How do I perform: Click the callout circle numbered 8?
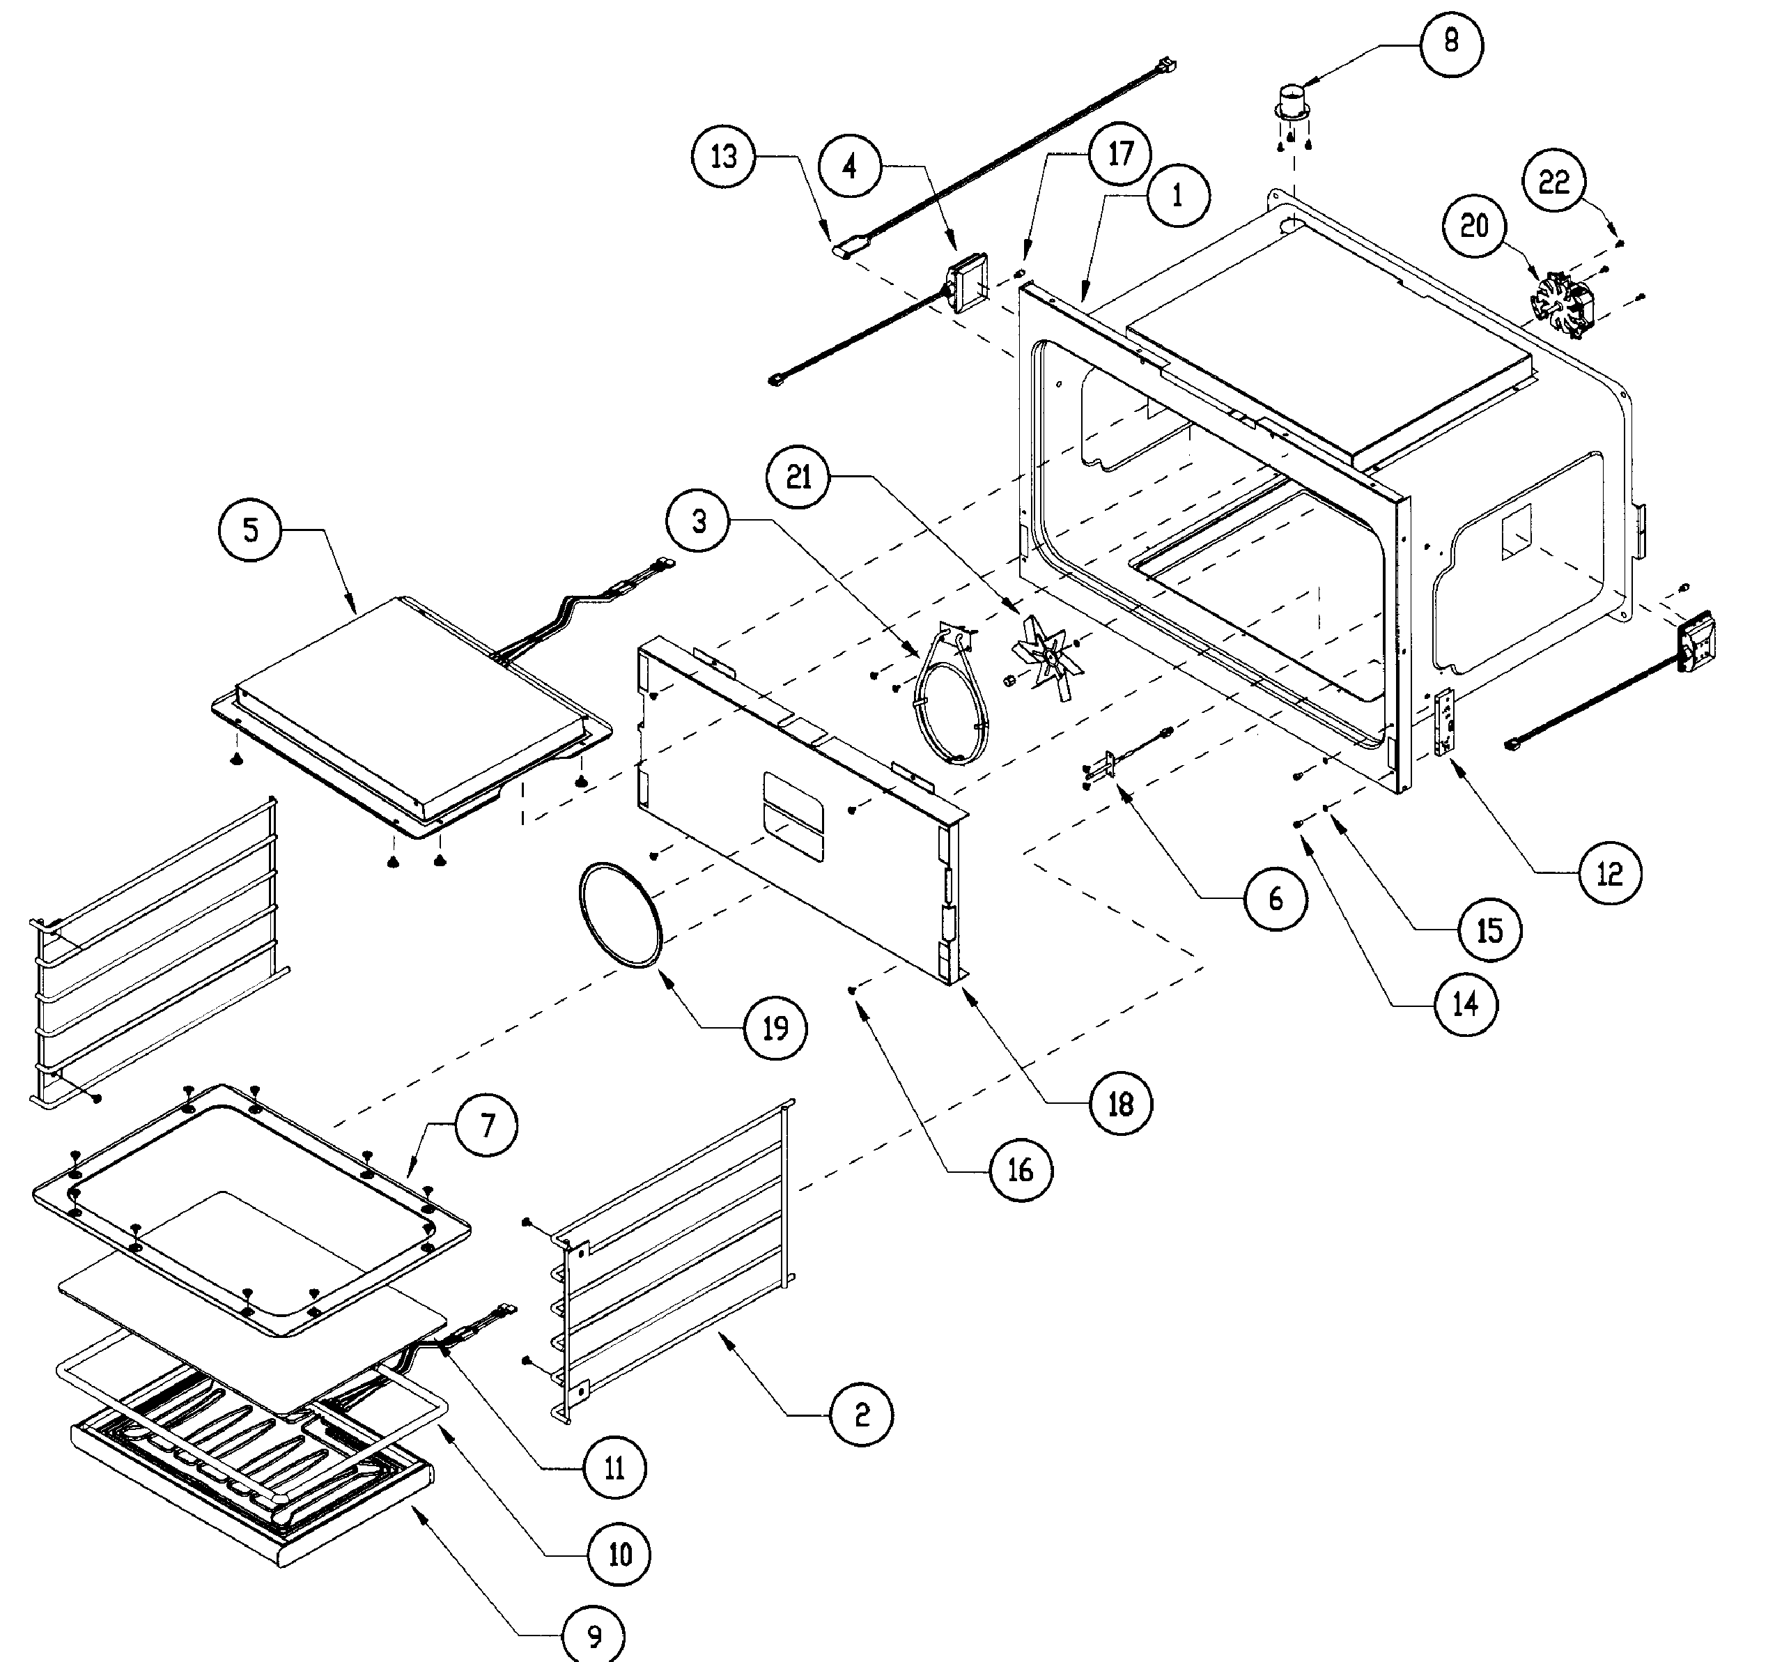click(1451, 41)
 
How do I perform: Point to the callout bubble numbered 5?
click(251, 530)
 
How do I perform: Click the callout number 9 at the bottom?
click(594, 1636)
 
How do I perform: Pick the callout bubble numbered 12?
click(1609, 872)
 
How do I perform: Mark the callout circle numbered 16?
click(1021, 1170)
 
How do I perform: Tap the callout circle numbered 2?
click(861, 1415)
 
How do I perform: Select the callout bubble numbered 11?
click(614, 1468)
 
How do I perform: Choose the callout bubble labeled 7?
click(487, 1125)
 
